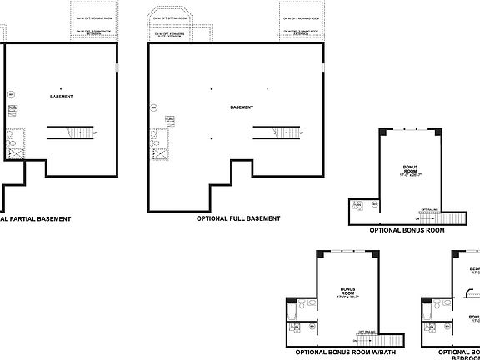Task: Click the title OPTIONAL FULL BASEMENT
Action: (x=237, y=218)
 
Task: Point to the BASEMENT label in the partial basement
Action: (x=61, y=97)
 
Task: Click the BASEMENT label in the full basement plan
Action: (x=242, y=107)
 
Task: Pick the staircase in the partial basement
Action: (x=70, y=132)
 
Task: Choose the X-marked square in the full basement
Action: (x=158, y=153)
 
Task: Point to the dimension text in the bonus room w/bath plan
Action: (x=347, y=297)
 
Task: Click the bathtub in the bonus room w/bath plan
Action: (x=292, y=311)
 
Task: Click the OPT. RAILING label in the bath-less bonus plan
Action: (x=429, y=209)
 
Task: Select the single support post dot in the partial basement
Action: (x=62, y=87)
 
